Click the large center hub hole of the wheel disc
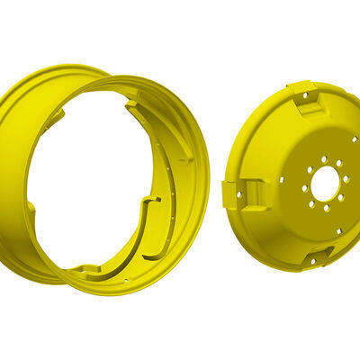(324, 184)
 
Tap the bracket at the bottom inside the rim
(87, 267)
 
